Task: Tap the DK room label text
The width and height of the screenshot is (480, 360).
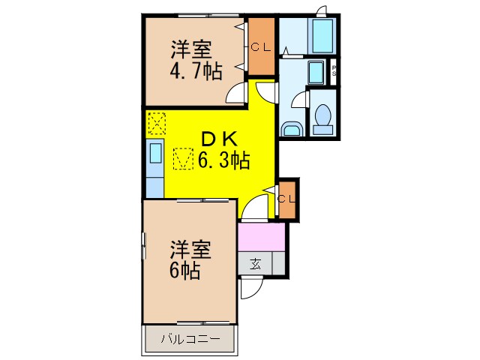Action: point(218,138)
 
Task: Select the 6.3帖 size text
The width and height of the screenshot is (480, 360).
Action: point(223,159)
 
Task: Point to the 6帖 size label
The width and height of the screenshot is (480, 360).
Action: point(184,270)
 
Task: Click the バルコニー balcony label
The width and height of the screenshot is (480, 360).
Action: point(190,339)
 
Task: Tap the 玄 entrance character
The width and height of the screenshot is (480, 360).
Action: point(256,263)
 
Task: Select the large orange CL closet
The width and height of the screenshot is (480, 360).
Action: point(261,47)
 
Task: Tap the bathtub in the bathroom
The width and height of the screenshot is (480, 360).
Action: point(322,35)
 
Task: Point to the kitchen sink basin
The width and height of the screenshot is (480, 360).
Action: point(156,154)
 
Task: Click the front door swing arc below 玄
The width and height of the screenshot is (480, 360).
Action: point(250,288)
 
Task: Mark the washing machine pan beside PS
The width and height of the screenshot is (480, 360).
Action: point(315,73)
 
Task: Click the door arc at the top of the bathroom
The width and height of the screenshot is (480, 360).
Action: point(321,10)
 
